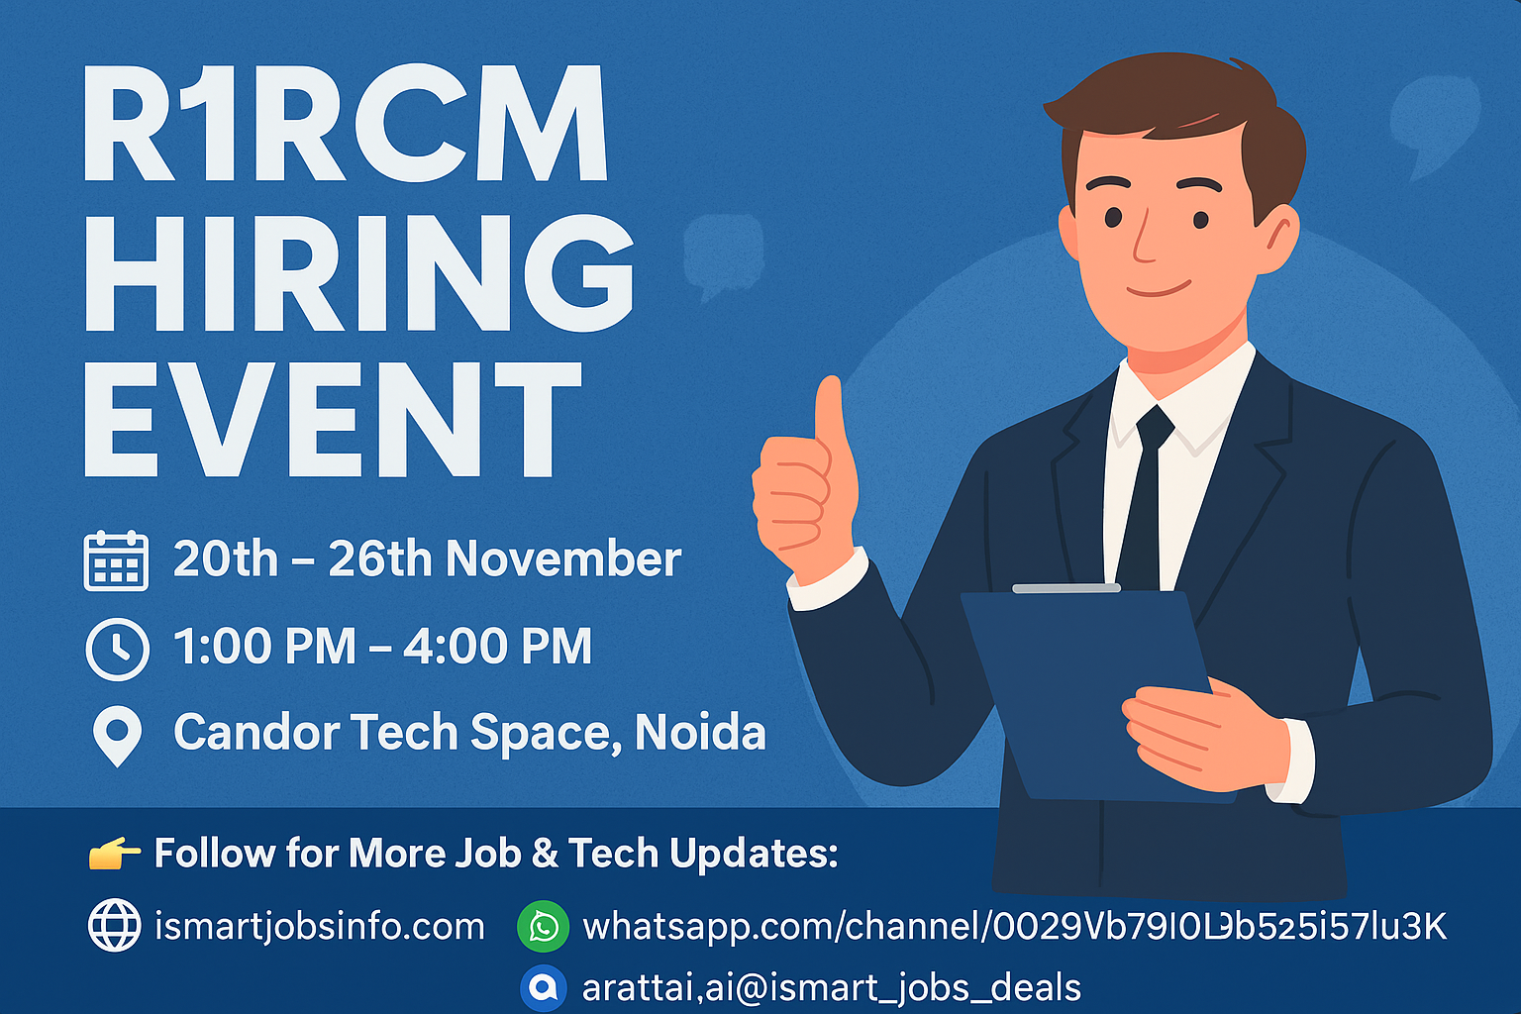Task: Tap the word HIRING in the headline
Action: pyautogui.click(x=358, y=272)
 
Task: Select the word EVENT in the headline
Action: pyautogui.click(x=332, y=419)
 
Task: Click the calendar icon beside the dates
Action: pyautogui.click(x=116, y=560)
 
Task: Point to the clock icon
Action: pyautogui.click(x=118, y=650)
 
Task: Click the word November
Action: pyautogui.click(x=563, y=559)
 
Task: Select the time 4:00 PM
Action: pyautogui.click(x=497, y=647)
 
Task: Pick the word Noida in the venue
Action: pyautogui.click(x=700, y=733)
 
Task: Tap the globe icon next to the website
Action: pyautogui.click(x=115, y=926)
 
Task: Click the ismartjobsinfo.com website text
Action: pyautogui.click(x=320, y=927)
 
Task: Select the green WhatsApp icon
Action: pyautogui.click(x=544, y=927)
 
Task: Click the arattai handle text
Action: pyautogui.click(x=832, y=987)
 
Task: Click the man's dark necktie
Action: pyautogui.click(x=1146, y=495)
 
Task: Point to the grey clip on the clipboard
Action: pyautogui.click(x=1065, y=588)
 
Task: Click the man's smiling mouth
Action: pyautogui.click(x=1159, y=290)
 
